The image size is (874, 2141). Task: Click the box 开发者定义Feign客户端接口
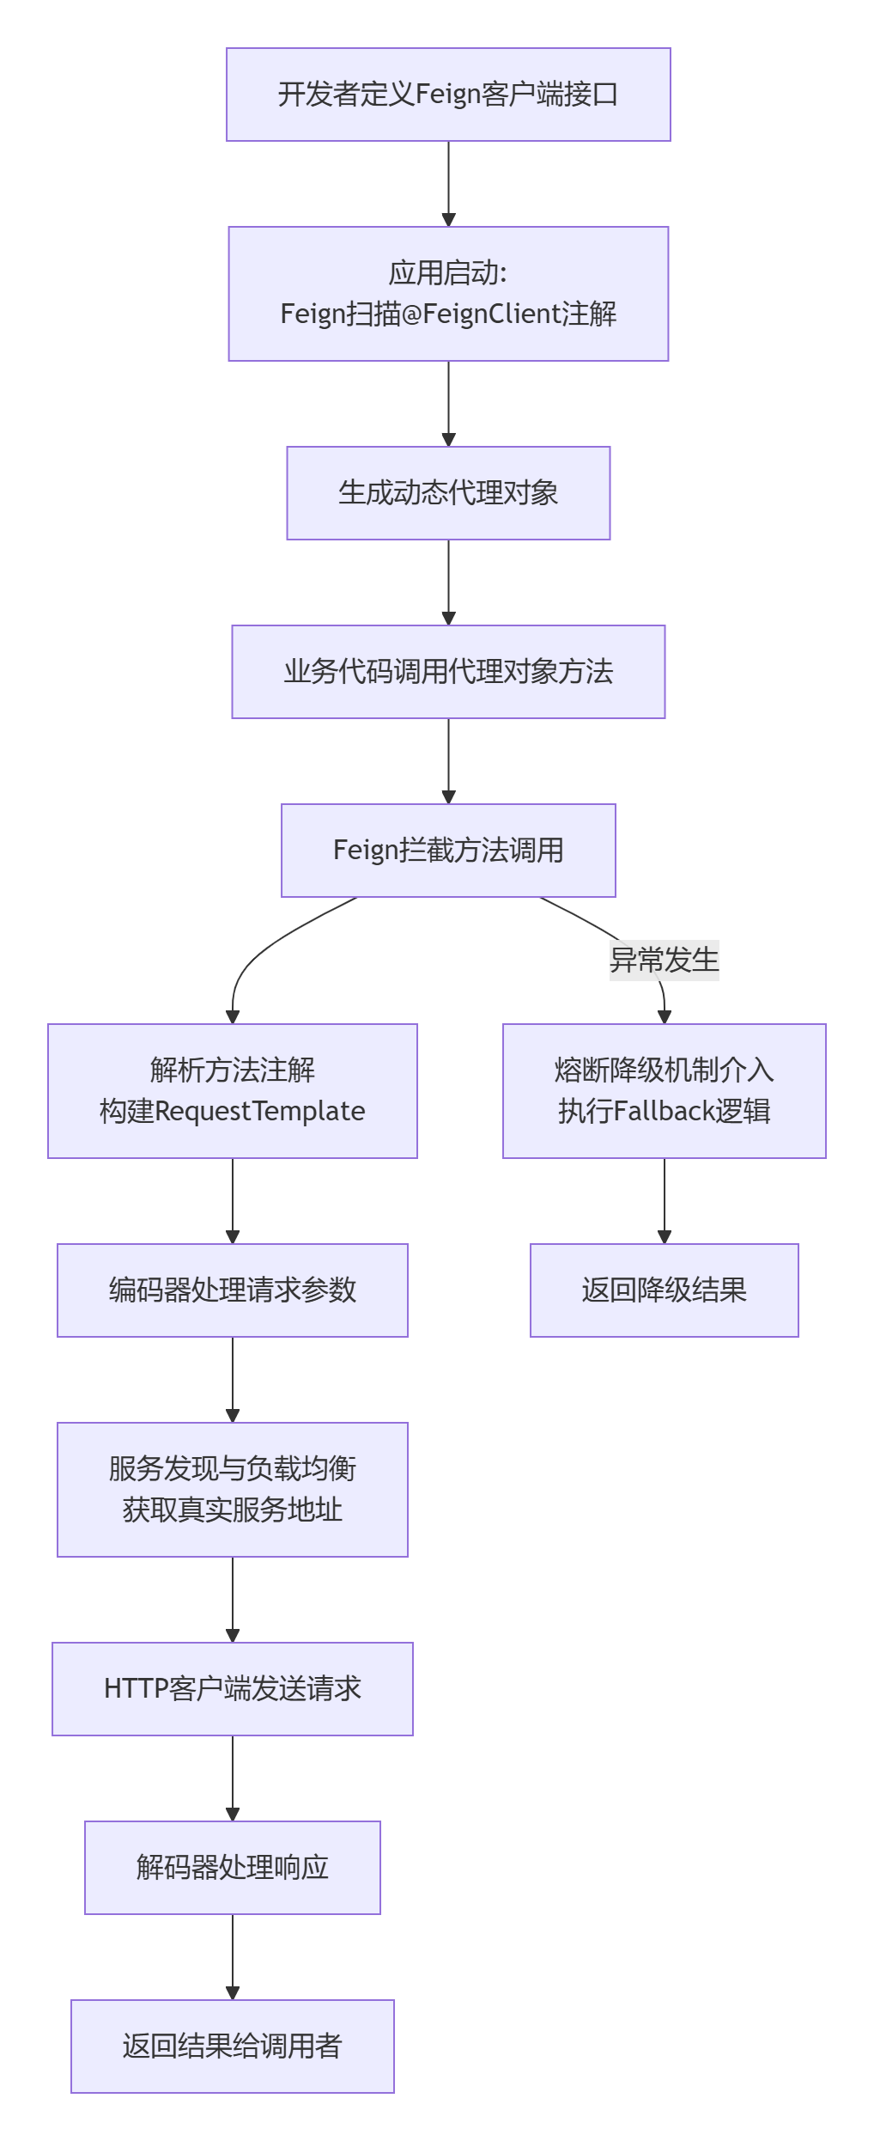coord(448,95)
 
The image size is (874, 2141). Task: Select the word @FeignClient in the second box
coord(481,314)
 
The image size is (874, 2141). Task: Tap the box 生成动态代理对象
coord(448,493)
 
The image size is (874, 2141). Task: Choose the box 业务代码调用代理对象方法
coord(448,672)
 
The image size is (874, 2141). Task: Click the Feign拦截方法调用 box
coord(448,851)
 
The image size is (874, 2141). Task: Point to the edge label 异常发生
coord(664,960)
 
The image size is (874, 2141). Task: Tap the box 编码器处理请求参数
coord(232,1290)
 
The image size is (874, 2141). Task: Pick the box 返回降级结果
coord(664,1290)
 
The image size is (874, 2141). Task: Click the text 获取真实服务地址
coord(232,1510)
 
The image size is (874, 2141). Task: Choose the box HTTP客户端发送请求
coord(232,1689)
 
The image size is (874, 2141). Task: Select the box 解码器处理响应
coord(232,1868)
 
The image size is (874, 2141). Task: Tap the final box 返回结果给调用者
coord(232,2046)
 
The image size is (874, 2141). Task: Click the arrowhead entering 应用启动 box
coord(448,220)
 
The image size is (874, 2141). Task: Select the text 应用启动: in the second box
coord(448,273)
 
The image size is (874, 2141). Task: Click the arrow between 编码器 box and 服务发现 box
coord(232,1380)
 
